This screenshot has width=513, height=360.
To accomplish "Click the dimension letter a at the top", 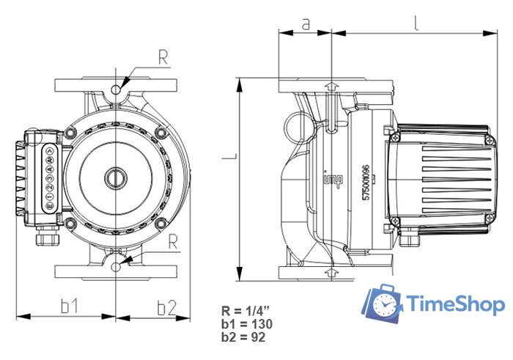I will tap(306, 23).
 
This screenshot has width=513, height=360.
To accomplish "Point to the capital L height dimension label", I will tap(230, 156).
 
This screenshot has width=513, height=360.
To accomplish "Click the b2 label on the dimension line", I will tap(166, 306).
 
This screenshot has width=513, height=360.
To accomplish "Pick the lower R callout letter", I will tap(173, 240).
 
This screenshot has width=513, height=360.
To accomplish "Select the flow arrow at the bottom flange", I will tap(332, 273).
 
